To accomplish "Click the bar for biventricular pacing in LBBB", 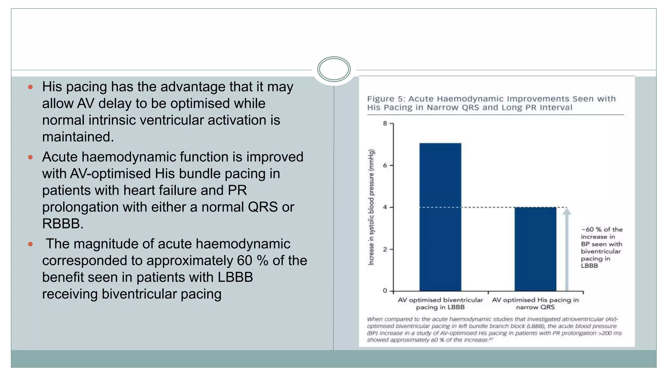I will [x=440, y=217].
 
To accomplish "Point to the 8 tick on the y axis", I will [x=385, y=124].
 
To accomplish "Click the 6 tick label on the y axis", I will [x=385, y=166].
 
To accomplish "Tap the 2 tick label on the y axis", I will [x=385, y=249].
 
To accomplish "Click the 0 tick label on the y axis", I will [x=385, y=291].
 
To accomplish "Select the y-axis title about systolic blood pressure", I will [x=371, y=207].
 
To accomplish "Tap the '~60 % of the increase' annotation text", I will [x=601, y=247].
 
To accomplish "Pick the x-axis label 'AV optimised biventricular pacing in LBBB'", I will [x=440, y=303].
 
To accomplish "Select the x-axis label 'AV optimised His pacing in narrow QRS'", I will [x=535, y=303].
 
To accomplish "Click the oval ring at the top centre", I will [x=334, y=69].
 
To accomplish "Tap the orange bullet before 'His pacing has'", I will [x=30, y=87].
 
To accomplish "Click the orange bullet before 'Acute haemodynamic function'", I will [x=30, y=157].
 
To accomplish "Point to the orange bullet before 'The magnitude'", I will [x=30, y=244].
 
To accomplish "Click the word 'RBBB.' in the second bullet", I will [x=63, y=224].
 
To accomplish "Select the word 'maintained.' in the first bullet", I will [x=78, y=137].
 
